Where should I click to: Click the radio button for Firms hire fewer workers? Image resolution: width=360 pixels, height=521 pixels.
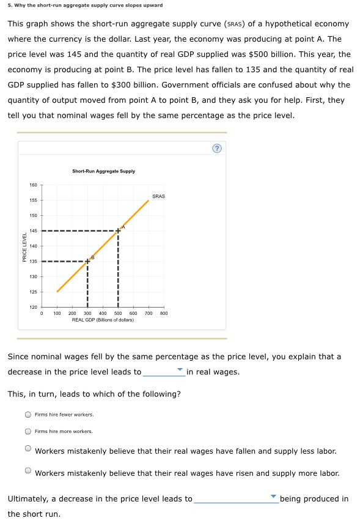(x=28, y=415)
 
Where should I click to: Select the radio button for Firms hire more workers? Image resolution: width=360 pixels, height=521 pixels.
(x=28, y=431)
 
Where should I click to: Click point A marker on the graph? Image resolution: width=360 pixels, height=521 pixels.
(x=118, y=231)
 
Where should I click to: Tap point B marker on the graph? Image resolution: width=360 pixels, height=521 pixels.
(x=87, y=261)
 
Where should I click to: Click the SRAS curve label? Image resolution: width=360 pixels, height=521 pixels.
(x=158, y=196)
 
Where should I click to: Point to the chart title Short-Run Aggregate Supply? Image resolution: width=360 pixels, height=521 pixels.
(x=103, y=171)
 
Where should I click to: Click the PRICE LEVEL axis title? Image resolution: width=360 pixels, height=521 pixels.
(x=24, y=246)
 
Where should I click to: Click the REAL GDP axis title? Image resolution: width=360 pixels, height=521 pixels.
(x=103, y=320)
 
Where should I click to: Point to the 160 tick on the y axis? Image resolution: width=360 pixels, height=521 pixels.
(x=33, y=185)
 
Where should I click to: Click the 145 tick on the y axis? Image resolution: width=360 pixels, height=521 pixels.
(x=33, y=231)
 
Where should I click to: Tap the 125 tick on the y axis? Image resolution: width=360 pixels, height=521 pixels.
(x=33, y=292)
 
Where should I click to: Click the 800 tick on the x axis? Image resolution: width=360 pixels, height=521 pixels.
(x=163, y=313)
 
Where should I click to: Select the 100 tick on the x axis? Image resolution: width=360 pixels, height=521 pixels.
(x=57, y=313)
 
